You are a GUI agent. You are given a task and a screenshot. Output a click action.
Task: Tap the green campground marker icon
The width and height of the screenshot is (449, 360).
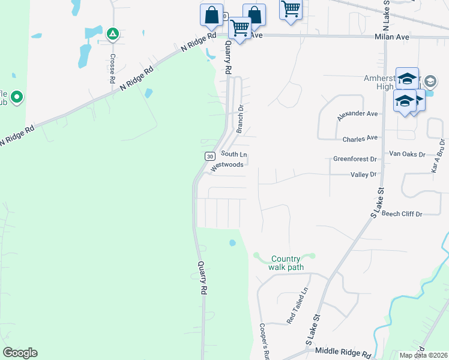(112, 34)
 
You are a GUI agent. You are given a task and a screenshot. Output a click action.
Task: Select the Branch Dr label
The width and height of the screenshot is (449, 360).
(240, 119)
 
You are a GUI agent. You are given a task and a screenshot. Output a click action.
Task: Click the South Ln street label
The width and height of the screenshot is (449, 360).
(234, 154)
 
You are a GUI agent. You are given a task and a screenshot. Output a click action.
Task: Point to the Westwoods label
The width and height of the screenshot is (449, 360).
(227, 164)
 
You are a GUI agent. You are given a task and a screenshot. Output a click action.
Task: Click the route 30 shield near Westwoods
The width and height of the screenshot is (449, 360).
(209, 156)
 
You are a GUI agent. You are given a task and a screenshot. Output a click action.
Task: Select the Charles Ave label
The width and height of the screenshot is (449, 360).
(360, 139)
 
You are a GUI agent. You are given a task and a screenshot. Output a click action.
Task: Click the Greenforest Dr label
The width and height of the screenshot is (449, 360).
(355, 159)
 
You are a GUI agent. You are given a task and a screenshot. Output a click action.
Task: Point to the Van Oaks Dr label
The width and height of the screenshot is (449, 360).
(407, 154)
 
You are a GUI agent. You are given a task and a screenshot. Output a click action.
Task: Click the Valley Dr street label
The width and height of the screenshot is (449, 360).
(363, 174)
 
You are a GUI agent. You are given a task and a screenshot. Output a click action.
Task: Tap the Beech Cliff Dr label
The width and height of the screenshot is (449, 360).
(402, 214)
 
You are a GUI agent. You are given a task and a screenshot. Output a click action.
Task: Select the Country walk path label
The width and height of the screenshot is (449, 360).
(286, 262)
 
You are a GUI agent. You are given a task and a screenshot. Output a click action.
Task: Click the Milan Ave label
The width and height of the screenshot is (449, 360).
(393, 37)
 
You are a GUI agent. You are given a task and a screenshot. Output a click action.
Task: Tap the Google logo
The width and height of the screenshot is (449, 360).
(20, 352)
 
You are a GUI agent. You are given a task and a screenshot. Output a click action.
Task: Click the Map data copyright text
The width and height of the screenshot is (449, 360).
(424, 355)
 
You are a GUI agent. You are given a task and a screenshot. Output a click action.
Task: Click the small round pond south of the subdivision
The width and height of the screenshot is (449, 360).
(232, 242)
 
